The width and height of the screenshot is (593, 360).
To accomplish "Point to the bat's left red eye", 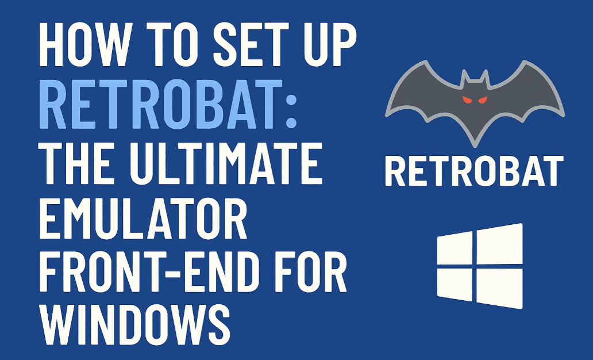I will point(467,101).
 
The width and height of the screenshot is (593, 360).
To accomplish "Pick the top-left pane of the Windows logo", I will point(455,250).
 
